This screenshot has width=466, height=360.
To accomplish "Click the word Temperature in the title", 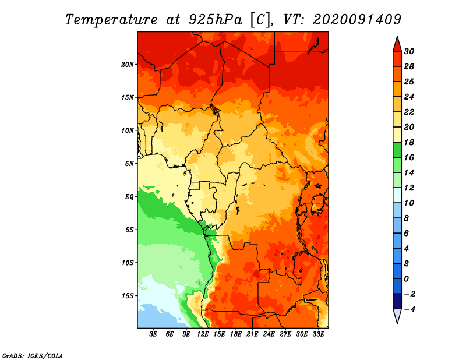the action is (111, 20).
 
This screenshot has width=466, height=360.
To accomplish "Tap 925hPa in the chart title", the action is (215, 20).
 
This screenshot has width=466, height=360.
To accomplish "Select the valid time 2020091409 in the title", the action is (357, 20).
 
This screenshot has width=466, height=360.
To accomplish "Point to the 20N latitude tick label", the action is (127, 65).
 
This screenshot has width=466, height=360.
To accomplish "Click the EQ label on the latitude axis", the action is (129, 197).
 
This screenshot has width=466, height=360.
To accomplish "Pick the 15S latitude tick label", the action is (127, 296).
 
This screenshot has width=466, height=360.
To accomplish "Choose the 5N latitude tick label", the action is (129, 164).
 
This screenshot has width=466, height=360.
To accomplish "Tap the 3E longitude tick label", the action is (153, 334).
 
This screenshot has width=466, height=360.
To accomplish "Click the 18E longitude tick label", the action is (236, 334).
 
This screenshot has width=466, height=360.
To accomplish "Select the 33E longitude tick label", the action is (318, 334).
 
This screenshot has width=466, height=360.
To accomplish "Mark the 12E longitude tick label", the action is (203, 334).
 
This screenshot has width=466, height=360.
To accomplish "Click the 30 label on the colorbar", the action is (409, 51).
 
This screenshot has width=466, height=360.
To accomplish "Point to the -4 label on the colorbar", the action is (409, 309).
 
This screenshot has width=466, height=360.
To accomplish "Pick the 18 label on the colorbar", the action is (409, 142).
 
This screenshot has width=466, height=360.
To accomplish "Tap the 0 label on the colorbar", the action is (406, 279).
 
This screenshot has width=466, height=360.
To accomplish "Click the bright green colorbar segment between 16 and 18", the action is (397, 150).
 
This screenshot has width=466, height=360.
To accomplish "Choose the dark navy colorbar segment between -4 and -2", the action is (397, 301).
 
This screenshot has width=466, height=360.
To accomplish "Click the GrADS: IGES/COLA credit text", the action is (33, 356).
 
